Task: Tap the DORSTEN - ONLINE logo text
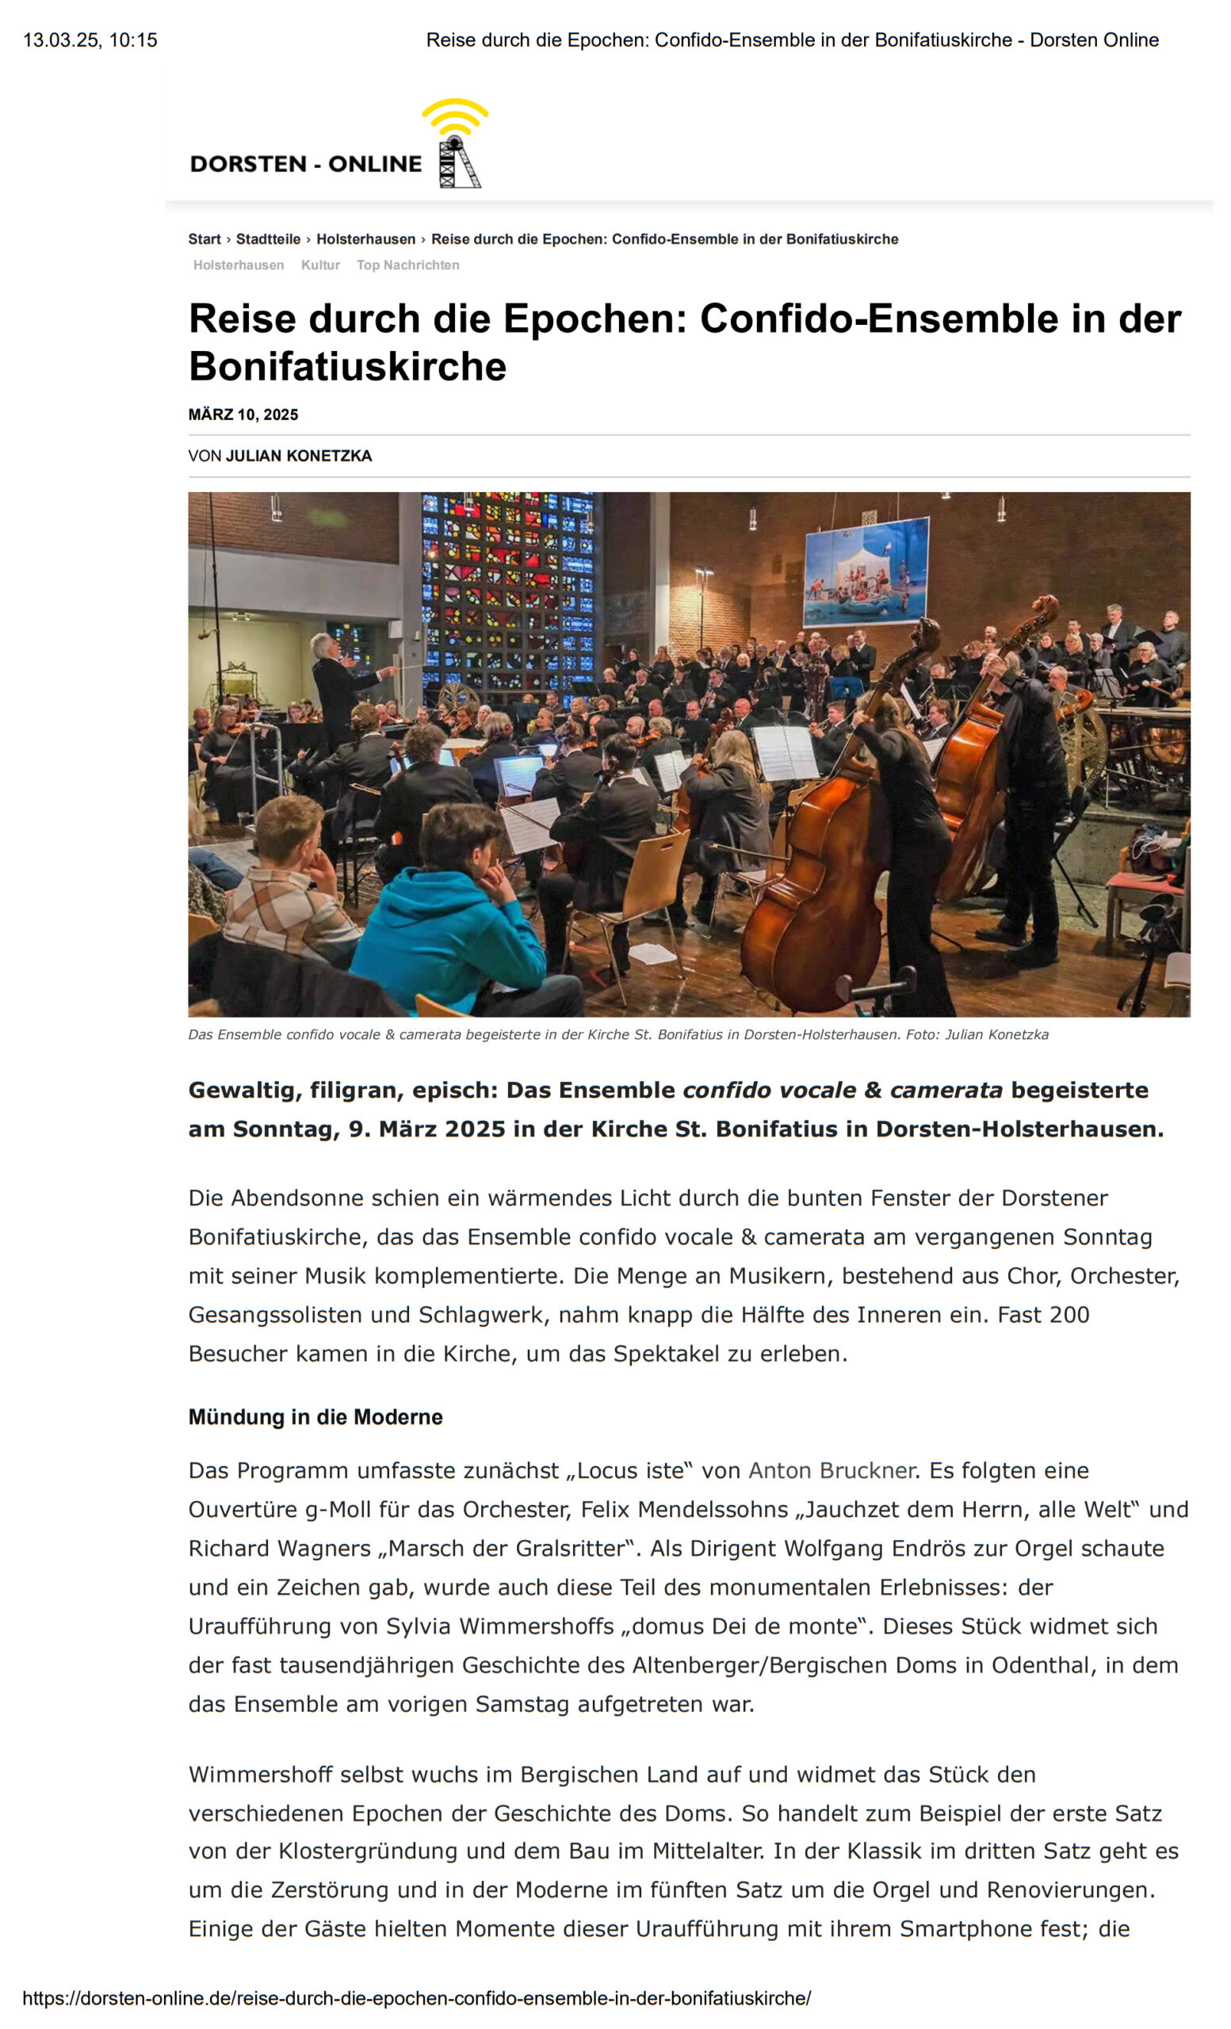click(x=305, y=164)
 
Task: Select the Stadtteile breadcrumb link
click(x=268, y=239)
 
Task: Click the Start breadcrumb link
click(x=205, y=239)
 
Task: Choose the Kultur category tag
click(x=320, y=266)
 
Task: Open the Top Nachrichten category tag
click(x=407, y=266)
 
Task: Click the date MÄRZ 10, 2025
click(x=243, y=415)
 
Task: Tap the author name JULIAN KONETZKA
click(x=299, y=457)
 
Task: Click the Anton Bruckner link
click(x=831, y=1471)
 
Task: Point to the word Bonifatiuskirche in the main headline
click(x=347, y=366)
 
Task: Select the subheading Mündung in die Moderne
click(x=315, y=1417)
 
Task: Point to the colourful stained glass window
click(x=507, y=593)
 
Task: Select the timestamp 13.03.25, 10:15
click(x=90, y=40)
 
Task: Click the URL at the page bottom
click(x=417, y=1999)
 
